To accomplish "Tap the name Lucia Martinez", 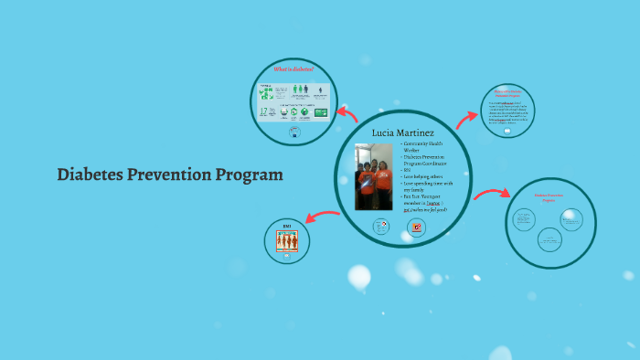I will [402, 133].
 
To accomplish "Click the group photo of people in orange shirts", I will [373, 177].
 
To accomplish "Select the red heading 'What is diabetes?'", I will [293, 69].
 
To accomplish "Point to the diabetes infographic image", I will [293, 101].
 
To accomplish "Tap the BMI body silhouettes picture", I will [286, 240].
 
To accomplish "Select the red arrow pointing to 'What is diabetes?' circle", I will [347, 113].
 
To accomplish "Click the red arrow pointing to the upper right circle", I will [466, 117].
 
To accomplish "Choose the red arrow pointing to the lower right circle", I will [491, 194].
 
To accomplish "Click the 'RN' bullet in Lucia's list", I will [407, 170].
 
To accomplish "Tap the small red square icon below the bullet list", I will [417, 227].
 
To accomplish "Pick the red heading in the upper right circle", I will [507, 93].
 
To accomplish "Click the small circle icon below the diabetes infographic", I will [293, 131].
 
